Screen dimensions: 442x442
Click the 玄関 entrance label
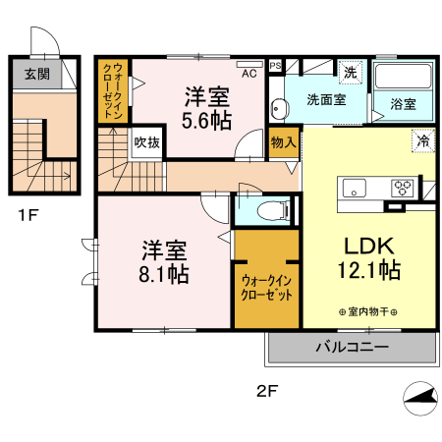(35, 75)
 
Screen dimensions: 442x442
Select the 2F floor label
(267, 390)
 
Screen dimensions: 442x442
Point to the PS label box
(276, 66)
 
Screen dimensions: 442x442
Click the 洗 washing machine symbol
(350, 72)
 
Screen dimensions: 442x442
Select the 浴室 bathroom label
(403, 102)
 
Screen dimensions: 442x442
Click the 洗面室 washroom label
(324, 99)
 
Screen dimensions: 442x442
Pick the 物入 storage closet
(283, 142)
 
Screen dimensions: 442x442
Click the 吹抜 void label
(148, 142)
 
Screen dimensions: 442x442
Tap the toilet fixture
(271, 209)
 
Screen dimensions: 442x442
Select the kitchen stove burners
(404, 187)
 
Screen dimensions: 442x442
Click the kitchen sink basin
(354, 187)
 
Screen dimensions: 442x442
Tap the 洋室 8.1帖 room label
(163, 260)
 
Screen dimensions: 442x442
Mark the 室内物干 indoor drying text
(369, 311)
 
